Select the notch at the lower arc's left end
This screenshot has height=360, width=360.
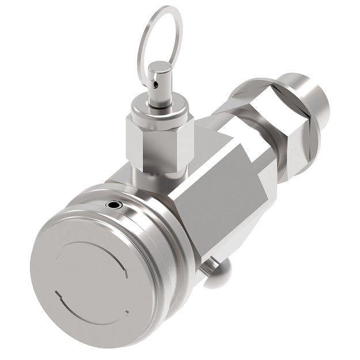point(57,294)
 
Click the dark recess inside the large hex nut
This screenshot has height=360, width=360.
point(262,101)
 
